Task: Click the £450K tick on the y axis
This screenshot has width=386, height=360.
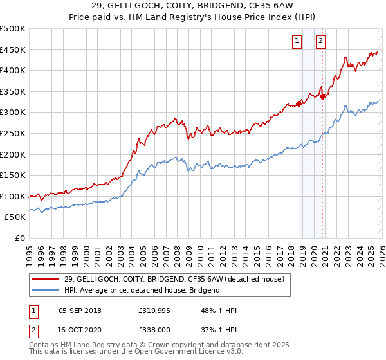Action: pyautogui.click(x=13, y=50)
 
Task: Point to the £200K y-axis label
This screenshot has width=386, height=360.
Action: pyautogui.click(x=13, y=154)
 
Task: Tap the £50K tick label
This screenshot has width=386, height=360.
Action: pyautogui.click(x=15, y=217)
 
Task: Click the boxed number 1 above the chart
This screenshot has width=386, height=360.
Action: pyautogui.click(x=297, y=40)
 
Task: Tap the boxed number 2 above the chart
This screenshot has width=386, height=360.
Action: pyautogui.click(x=320, y=40)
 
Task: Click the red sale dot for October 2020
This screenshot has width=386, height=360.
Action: pyautogui.click(x=323, y=96)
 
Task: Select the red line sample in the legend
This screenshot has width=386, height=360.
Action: pyautogui.click(x=45, y=278)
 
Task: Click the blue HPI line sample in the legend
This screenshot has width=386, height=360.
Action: pyautogui.click(x=45, y=290)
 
